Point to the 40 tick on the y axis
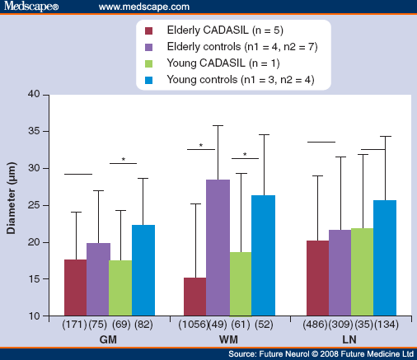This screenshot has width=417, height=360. [34, 94]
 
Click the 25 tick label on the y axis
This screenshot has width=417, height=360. [34, 205]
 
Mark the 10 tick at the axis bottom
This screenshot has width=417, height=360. [34, 316]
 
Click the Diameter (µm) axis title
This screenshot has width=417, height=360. [12, 205]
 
